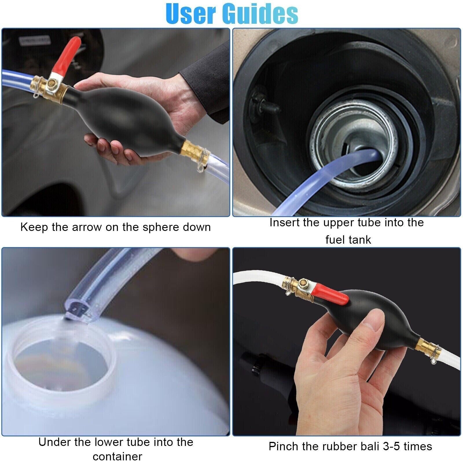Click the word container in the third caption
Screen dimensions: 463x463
[117, 456]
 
